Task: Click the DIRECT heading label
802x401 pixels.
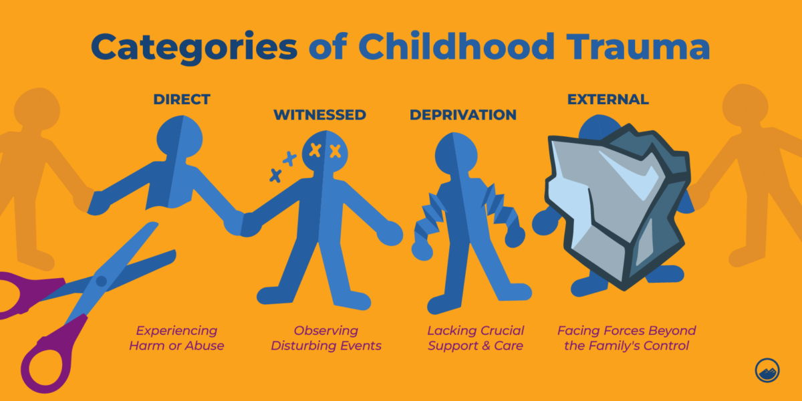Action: (x=182, y=100)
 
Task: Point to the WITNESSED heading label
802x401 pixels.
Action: (x=319, y=115)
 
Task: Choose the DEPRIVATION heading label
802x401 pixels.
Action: (x=463, y=115)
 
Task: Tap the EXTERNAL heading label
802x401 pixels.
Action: (x=608, y=100)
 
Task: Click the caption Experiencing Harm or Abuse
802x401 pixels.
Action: (x=177, y=338)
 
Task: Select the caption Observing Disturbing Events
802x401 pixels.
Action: (x=326, y=338)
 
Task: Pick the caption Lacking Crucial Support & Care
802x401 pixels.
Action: (x=476, y=338)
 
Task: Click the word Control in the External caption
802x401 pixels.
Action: (x=672, y=346)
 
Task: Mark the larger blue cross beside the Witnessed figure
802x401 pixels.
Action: (x=289, y=159)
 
